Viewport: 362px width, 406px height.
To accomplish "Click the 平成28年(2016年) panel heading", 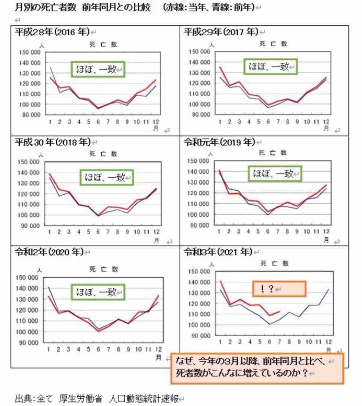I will click(53, 32).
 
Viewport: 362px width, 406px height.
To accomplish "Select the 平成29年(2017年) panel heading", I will click(221, 32).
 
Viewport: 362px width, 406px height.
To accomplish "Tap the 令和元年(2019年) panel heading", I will click(219, 142).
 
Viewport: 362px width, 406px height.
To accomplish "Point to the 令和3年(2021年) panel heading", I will click(218, 252).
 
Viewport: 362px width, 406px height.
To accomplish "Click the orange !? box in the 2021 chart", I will click(279, 289).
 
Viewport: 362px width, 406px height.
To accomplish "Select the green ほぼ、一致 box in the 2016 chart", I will click(98, 69).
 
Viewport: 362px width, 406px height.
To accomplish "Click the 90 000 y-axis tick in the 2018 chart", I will click(31, 226).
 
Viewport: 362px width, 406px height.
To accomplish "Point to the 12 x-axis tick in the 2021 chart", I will click(328, 342).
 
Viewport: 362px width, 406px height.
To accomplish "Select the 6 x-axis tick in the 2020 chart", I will click(98, 349).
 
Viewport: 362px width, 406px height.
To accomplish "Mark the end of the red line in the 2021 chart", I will click(280, 311).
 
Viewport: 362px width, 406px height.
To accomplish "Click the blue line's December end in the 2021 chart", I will click(328, 289).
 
